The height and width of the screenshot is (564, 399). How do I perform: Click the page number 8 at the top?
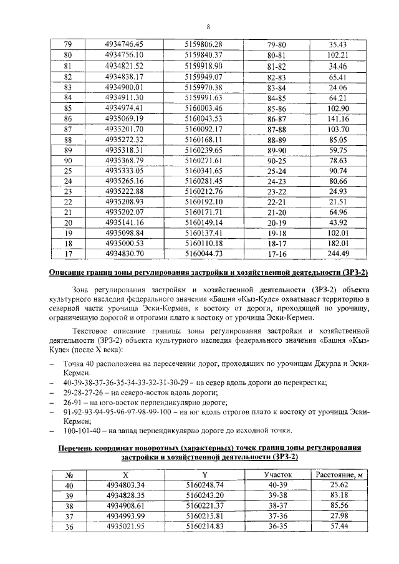point(208,26)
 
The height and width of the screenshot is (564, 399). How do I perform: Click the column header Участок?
point(277,475)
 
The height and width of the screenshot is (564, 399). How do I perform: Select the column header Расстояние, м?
point(339,475)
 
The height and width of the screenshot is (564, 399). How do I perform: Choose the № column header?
point(69,475)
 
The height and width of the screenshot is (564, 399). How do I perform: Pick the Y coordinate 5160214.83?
point(208,527)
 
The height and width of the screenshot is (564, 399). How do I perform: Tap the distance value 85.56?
point(339,506)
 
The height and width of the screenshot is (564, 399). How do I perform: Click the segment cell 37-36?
point(277,517)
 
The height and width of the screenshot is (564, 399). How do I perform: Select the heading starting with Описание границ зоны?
point(208,272)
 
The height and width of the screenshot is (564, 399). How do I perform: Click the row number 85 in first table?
point(69,107)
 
